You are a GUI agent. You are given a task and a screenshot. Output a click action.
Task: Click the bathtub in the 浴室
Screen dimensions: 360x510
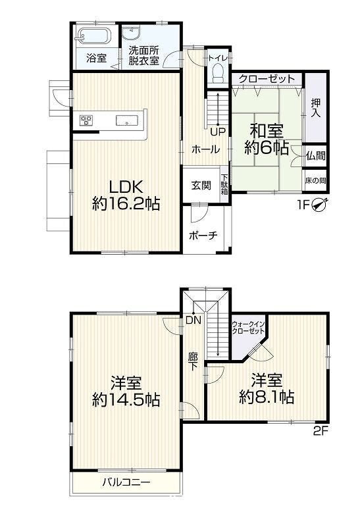coord(94,36)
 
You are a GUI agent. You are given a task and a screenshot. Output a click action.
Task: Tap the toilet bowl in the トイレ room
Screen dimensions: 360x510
coord(218,73)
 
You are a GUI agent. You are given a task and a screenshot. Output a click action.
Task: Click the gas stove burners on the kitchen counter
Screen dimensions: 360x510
coord(86,120)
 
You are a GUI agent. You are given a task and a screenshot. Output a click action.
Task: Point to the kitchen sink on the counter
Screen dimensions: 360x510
coord(127,120)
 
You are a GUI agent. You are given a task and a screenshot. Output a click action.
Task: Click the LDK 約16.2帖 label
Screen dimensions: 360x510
coord(126,196)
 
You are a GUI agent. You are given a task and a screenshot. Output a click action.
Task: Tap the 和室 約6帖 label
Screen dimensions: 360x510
coord(267,140)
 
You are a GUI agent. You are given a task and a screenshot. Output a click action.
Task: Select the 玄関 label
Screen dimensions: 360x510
coord(201,186)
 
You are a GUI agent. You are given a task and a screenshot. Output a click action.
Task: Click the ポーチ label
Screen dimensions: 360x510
coord(203,235)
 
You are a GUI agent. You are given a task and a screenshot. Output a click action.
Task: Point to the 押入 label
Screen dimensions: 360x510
coord(315,108)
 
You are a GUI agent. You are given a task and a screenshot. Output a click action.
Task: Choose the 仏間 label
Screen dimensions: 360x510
coord(315,155)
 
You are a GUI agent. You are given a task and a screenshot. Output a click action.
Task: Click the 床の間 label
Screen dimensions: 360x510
coord(315,180)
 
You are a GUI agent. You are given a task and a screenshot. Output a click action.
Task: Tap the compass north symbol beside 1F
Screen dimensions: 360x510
coord(320,205)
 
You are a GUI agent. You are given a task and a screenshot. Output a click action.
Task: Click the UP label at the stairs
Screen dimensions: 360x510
coord(218,132)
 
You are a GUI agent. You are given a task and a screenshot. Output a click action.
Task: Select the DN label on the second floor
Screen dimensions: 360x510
coord(193,320)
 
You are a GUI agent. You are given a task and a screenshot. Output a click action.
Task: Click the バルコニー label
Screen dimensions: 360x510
coord(126,482)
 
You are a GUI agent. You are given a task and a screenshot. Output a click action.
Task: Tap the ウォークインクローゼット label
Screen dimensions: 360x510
coord(248,328)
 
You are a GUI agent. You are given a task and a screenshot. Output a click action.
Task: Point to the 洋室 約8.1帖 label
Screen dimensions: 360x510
coord(267,389)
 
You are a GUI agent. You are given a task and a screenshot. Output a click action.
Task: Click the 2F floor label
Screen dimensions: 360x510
coord(321,431)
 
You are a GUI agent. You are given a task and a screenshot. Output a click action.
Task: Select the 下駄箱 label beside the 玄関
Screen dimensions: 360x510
coord(224,184)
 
